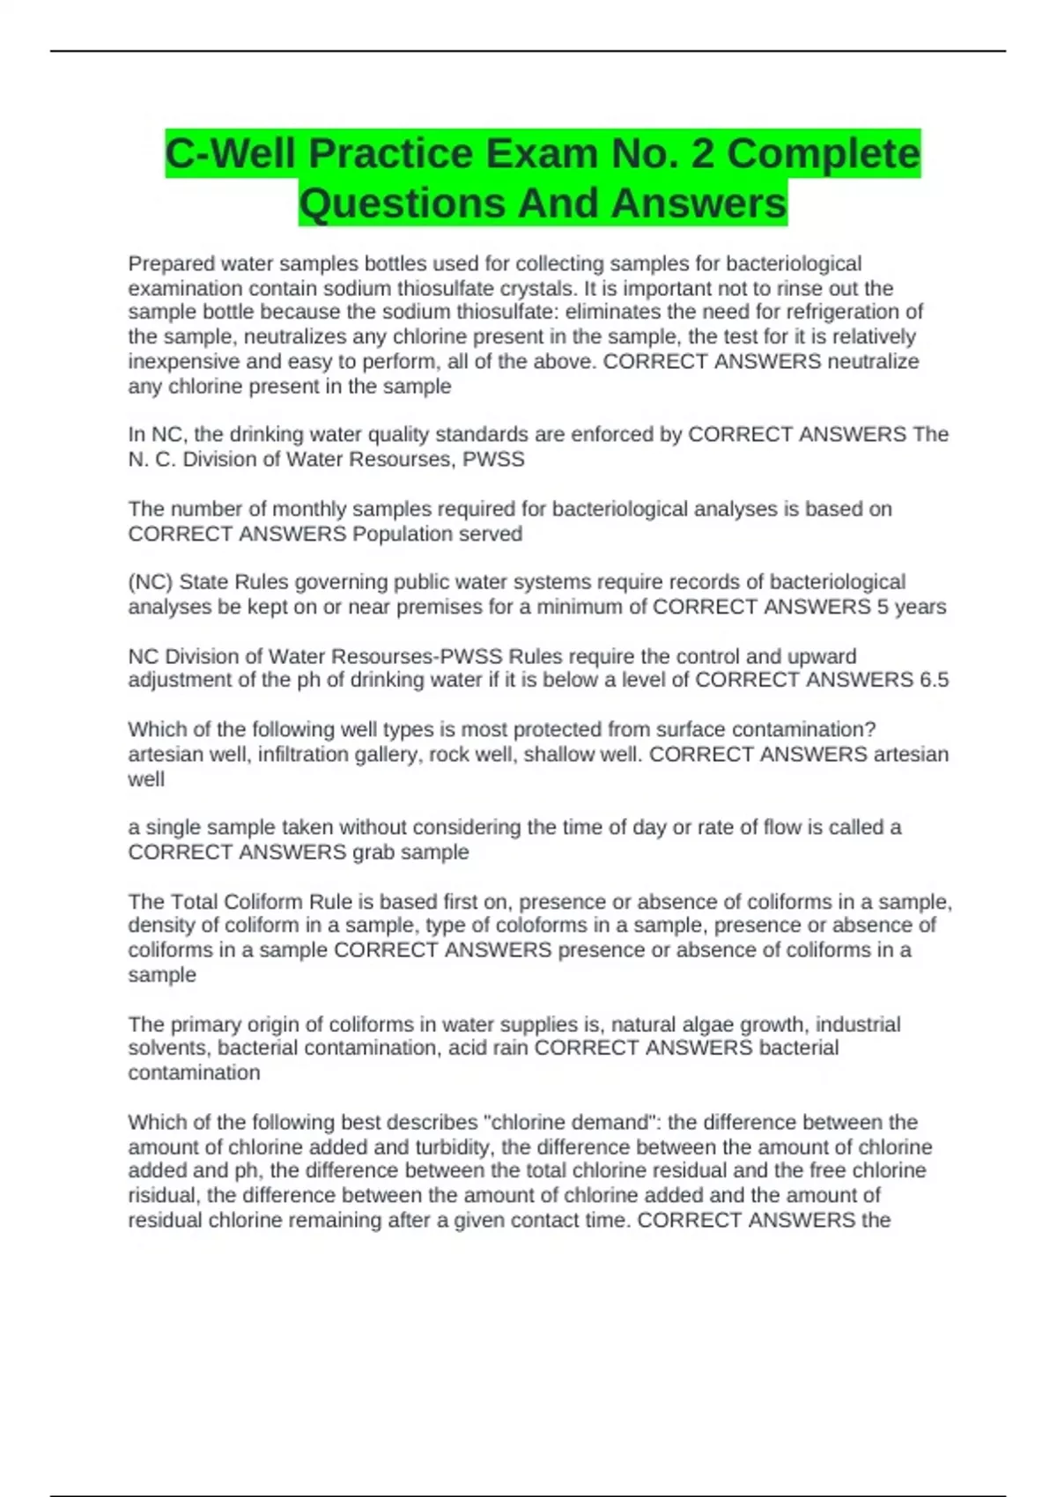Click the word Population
pos(400,534)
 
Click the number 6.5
pos(933,680)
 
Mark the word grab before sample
pos(373,852)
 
